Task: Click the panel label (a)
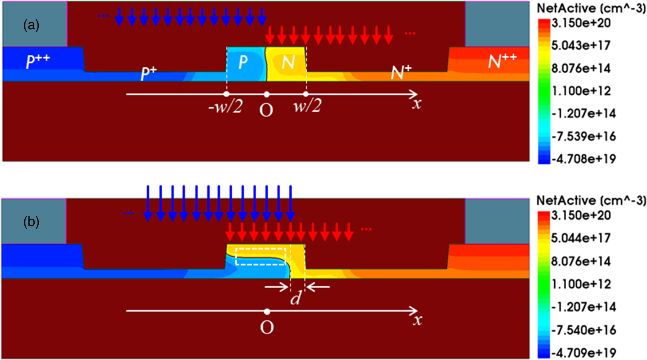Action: coord(31,26)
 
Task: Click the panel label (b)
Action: coord(31,222)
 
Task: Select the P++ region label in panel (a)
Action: coord(38,61)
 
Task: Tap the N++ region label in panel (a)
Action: coord(502,61)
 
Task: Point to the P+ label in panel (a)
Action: coord(149,73)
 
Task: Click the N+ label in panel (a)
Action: coord(401,72)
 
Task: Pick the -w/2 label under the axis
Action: coord(225,108)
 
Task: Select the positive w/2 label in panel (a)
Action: coord(307,107)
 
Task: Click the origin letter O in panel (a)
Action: coord(266,110)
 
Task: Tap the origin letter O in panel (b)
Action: coord(267,327)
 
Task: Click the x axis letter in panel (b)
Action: coord(417,320)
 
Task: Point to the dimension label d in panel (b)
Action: coord(295,297)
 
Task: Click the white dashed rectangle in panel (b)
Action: coord(260,256)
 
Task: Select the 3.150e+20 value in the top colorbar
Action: coord(581,23)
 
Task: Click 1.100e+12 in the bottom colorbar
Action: coord(581,284)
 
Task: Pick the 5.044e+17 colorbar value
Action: coord(581,238)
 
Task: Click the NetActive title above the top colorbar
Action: coord(591,8)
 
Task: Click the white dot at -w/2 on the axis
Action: coord(226,94)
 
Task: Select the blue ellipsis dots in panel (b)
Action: coord(129,213)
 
